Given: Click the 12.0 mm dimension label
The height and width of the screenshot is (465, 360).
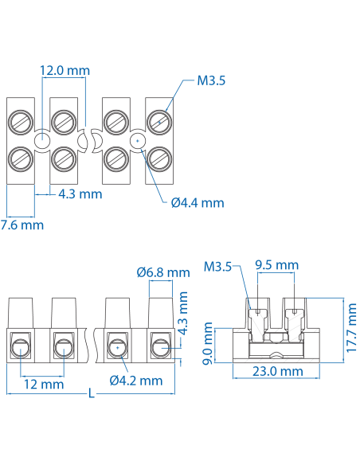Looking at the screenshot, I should [65, 70].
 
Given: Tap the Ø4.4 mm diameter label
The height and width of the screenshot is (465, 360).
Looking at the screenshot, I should [198, 202].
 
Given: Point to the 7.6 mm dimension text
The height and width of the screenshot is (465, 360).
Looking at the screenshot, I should [22, 225].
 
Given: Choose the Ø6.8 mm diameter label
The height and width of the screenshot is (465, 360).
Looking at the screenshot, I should [163, 272].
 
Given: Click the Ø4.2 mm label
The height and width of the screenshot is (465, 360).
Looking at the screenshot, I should [136, 381].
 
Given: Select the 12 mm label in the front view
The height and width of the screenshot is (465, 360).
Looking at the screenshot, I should [43, 385].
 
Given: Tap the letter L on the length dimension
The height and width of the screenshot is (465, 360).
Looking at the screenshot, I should [92, 394].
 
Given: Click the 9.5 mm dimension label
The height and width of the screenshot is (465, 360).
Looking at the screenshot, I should [276, 265].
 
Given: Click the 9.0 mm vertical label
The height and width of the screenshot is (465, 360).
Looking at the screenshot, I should [208, 342].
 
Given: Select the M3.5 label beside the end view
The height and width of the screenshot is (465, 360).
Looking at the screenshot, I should [217, 267].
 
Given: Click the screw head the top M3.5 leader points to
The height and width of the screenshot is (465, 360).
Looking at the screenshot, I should [158, 121].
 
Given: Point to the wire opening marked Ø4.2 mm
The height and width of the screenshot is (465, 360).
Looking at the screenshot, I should [117, 347].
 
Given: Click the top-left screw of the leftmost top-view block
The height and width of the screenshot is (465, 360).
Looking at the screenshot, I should [21, 121].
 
